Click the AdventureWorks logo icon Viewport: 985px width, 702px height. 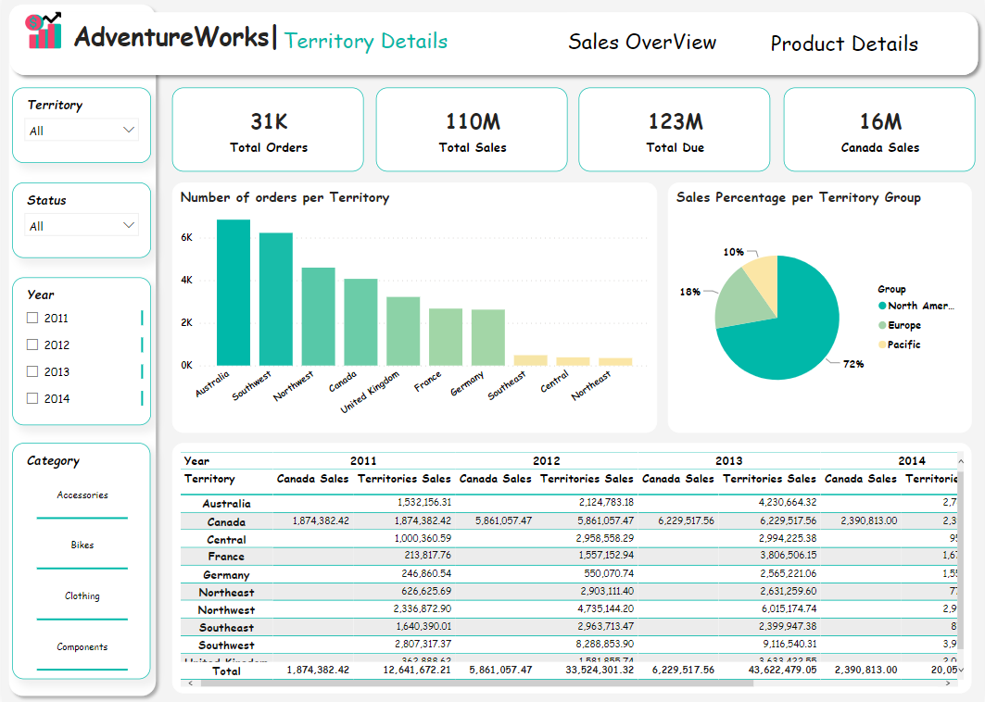tap(44, 32)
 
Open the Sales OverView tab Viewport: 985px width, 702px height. tap(642, 43)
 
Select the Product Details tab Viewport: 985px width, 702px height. tap(844, 44)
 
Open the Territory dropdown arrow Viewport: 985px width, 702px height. tap(129, 131)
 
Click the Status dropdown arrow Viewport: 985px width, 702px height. tap(129, 226)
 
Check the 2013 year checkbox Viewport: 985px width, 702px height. tap(33, 372)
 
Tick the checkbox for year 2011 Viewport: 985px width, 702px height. tap(33, 319)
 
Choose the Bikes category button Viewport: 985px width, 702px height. tap(82, 545)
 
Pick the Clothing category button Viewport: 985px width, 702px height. tap(82, 596)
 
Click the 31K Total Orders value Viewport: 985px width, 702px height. tap(269, 121)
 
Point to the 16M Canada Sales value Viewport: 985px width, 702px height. tap(879, 121)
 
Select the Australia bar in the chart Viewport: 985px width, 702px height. tap(234, 293)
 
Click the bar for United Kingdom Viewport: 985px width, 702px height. tap(403, 331)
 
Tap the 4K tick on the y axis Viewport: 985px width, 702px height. tap(186, 280)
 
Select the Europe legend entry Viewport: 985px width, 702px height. tap(903, 325)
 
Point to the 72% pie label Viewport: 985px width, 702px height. tap(853, 364)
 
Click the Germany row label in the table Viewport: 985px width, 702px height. tap(226, 575)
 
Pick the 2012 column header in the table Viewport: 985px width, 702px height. tap(546, 460)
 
